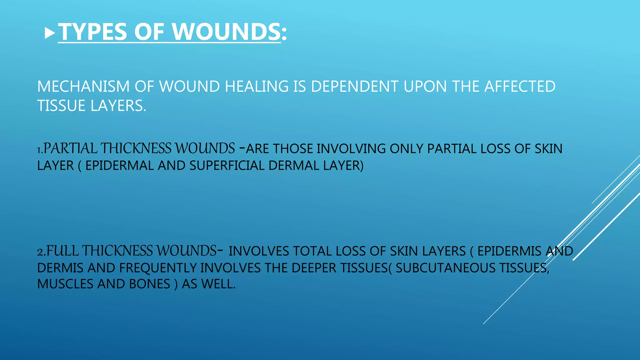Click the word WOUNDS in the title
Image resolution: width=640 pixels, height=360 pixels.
pyautogui.click(x=226, y=32)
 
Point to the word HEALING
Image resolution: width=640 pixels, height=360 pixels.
pyautogui.click(x=257, y=87)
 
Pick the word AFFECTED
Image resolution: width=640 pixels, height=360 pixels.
pyautogui.click(x=520, y=87)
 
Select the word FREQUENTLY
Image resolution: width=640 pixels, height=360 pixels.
pyautogui.click(x=158, y=268)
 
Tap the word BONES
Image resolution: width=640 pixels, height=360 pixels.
pyautogui.click(x=150, y=284)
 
